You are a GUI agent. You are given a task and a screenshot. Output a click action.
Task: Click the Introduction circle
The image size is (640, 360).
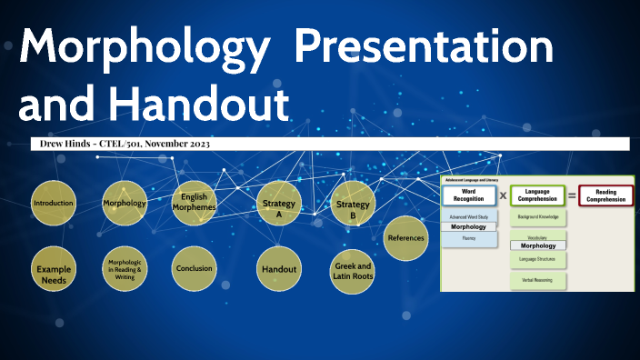coord(53,204)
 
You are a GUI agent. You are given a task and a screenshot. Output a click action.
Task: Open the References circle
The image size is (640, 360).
coord(405,238)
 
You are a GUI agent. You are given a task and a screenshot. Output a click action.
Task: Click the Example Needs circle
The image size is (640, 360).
coord(53,270)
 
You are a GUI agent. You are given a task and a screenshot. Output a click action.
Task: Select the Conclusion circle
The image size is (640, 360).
coord(195,269)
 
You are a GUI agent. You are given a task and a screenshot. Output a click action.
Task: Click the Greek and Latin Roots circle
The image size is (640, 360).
coord(353,271)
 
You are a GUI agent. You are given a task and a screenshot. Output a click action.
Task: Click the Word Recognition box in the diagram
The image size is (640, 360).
coord(469,195)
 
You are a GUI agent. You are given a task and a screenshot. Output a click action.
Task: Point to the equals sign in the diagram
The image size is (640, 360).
coord(572,195)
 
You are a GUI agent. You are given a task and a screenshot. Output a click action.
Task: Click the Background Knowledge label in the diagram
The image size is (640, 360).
coord(537,218)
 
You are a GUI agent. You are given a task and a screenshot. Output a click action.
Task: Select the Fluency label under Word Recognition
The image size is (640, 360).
coord(469,239)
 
